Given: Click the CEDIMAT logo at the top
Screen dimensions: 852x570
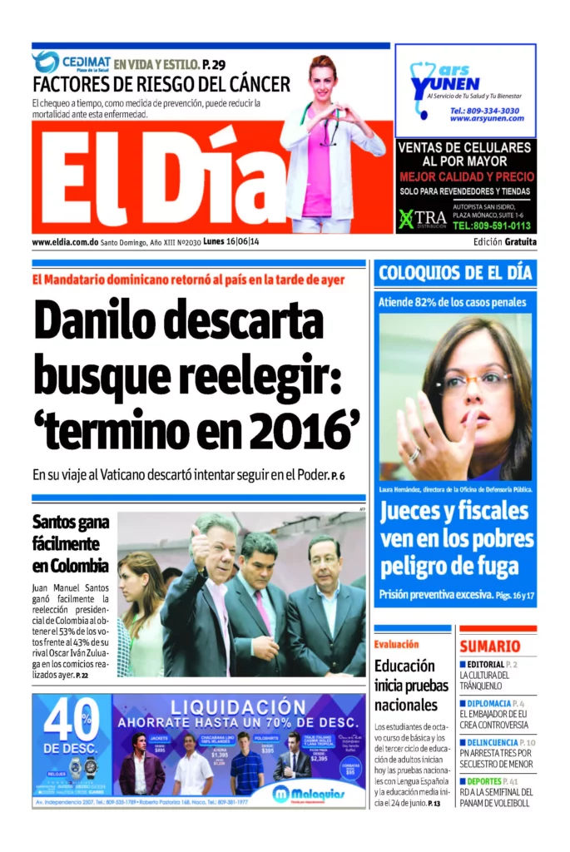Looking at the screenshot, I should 70,62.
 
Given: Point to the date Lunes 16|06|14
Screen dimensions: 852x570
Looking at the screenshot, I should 231,242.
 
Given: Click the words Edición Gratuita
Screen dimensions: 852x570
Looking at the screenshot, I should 504,242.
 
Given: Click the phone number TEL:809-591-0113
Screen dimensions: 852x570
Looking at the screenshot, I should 490,225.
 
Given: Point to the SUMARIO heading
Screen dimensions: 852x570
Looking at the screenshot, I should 490,646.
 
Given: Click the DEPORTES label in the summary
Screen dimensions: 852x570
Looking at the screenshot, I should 483,781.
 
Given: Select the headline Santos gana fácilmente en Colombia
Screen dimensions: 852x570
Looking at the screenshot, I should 71,544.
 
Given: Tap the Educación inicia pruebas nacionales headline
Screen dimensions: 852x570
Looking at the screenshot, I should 406,685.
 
